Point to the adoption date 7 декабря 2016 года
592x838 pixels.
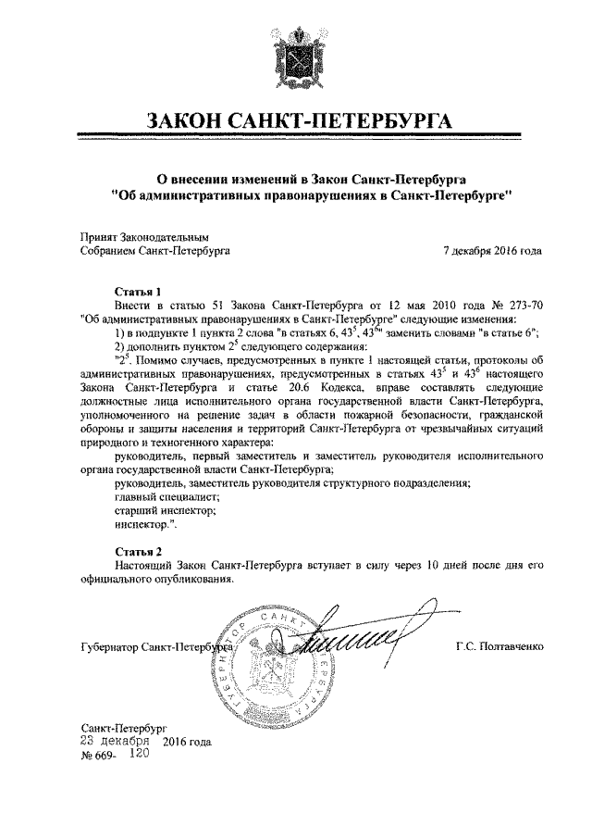[x=492, y=250]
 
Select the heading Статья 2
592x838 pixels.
[x=137, y=550]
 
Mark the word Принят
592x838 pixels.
[x=97, y=236]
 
